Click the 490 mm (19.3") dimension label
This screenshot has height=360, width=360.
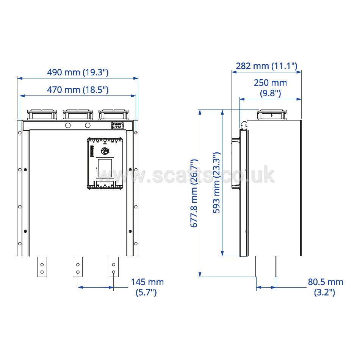pyautogui.click(x=78, y=72)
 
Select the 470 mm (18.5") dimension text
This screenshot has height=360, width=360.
pyautogui.click(x=78, y=90)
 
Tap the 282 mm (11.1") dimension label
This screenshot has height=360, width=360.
pyautogui.click(x=266, y=66)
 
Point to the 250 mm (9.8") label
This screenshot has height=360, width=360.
pyautogui.click(x=270, y=88)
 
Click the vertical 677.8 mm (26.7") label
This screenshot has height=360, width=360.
pyautogui.click(x=194, y=193)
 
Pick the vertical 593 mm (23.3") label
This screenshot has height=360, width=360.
pyautogui.click(x=216, y=183)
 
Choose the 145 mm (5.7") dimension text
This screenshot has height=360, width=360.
pyautogui.click(x=147, y=287)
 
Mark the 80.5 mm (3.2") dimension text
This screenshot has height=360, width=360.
pyautogui.click(x=326, y=287)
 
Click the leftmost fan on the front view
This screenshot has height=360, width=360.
pyautogui.click(x=42, y=115)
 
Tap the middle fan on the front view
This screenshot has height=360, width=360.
pyautogui.click(x=78, y=115)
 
